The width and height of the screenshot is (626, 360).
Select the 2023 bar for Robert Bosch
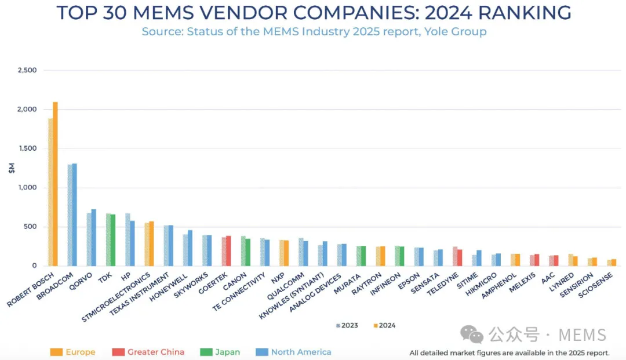click(x=50, y=192)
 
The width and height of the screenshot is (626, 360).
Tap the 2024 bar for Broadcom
click(x=74, y=214)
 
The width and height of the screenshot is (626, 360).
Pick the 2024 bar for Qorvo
click(x=94, y=238)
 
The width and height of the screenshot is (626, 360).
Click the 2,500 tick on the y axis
click(x=27, y=70)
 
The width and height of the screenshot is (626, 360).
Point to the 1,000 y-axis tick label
click(x=27, y=188)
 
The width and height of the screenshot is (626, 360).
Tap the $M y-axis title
click(x=11, y=168)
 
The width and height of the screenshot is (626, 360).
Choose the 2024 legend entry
click(x=384, y=325)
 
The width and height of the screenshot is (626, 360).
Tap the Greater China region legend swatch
click(x=118, y=352)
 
